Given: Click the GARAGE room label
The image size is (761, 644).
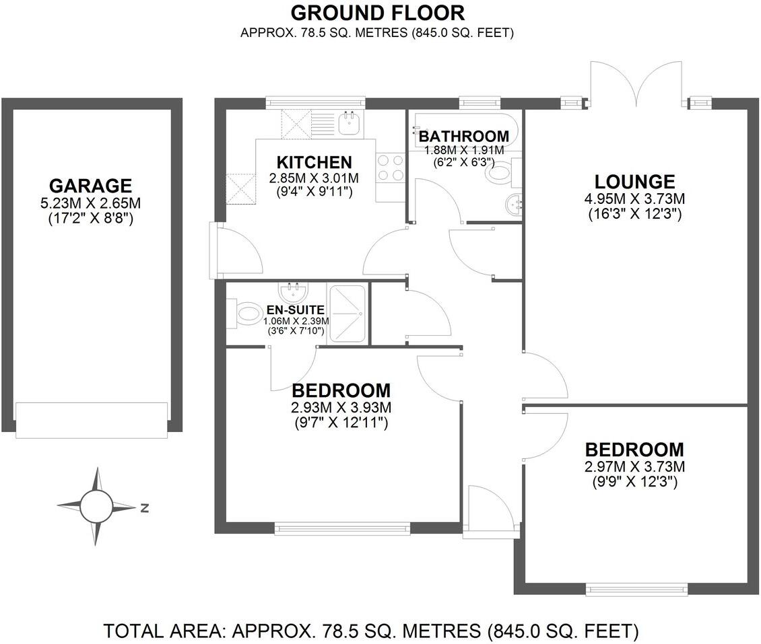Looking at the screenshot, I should click(90, 185).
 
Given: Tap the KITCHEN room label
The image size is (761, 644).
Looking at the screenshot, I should click(315, 162).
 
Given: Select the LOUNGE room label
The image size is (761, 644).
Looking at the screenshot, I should click(634, 182).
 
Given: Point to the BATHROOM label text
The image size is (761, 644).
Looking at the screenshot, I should click(463, 137).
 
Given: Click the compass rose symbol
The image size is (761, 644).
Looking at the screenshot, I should click(96, 506).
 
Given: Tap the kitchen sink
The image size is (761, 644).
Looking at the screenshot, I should click(350, 123).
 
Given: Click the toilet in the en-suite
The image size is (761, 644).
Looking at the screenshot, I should click(246, 314).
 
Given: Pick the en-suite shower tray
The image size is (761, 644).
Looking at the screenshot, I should click(348, 315).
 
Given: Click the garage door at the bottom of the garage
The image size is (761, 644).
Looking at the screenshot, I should click(91, 420).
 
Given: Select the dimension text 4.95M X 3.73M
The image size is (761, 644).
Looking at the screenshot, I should click(634, 199).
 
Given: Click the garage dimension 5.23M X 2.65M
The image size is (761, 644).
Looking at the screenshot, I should click(90, 203).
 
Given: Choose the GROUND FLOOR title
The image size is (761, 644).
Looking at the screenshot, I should click(377, 12).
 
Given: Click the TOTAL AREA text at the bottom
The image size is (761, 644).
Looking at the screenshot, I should click(370, 631).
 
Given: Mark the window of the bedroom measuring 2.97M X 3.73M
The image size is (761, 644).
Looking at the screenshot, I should click(636, 589).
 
